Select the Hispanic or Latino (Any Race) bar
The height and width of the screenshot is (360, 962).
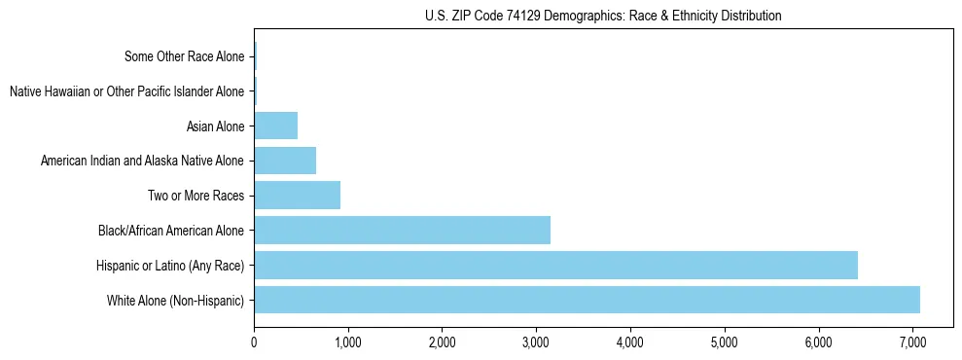555,265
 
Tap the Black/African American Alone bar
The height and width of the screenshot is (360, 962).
402,231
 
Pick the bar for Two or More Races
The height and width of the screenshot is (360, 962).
297,196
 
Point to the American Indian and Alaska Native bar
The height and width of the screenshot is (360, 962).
285,161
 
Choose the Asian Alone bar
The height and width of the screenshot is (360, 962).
275,126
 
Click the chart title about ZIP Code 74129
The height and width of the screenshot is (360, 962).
603,16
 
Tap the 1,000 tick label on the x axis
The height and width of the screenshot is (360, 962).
347,343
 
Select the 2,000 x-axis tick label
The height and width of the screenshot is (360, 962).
442,343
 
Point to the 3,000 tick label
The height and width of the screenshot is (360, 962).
536,343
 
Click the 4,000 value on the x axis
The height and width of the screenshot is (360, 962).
630,343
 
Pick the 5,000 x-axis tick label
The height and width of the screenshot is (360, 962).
725,343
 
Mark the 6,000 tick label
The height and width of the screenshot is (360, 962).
819,343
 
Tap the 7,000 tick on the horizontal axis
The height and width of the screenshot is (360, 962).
912,343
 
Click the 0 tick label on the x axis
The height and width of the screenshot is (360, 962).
254,343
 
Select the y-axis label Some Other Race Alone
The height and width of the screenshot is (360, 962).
185,56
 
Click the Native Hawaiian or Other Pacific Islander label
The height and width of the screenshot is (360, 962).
126,91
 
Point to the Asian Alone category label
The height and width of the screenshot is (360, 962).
215,126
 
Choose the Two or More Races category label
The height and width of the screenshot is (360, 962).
195,196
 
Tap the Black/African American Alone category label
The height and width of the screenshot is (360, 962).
171,231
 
